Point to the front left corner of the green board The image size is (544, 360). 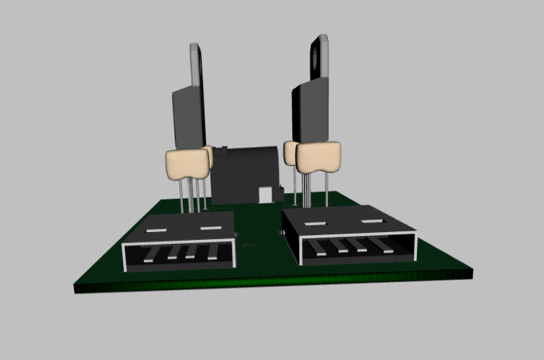[x=78, y=288]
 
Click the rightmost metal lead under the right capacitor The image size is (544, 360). [x=327, y=190]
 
